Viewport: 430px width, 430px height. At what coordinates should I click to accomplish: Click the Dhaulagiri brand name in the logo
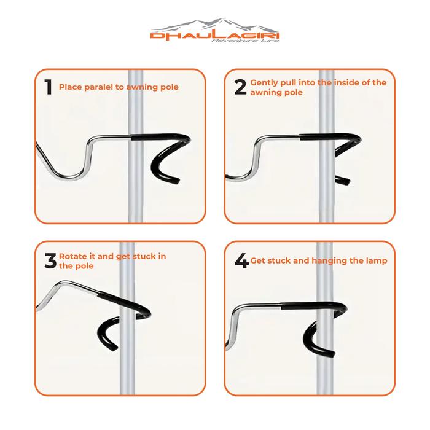coord(215,36)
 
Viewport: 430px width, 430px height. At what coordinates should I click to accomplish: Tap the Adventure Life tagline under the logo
coord(246,41)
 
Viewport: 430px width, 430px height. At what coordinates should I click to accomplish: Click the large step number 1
coord(49,87)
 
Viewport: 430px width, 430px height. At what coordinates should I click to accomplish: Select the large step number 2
coord(241,87)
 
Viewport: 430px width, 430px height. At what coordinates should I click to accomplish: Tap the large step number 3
coord(50,260)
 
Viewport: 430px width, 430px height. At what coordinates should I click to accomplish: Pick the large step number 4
coord(241,260)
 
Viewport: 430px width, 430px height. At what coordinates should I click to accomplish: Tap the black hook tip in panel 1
coord(176,181)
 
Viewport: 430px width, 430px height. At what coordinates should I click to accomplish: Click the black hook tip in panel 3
coord(114,348)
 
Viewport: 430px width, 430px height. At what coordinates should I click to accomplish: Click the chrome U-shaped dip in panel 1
coord(69,177)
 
